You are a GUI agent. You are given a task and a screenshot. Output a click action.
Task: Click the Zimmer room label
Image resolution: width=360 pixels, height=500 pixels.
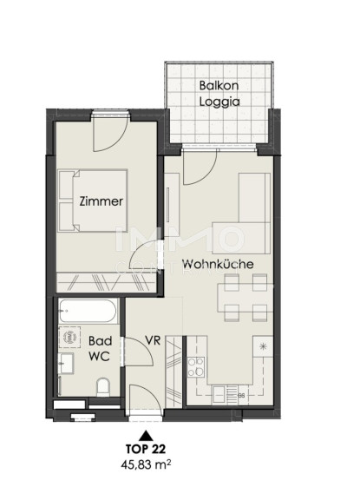[x=101, y=201]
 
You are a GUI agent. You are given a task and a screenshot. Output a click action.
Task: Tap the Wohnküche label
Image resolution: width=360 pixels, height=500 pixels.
[x=218, y=265]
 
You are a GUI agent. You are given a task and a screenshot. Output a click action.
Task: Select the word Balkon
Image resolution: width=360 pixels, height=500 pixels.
[x=219, y=85]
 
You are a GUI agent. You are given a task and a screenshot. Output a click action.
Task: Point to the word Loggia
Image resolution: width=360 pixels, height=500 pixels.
[x=219, y=102]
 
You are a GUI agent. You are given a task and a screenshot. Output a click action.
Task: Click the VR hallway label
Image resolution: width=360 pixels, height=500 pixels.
[x=153, y=340]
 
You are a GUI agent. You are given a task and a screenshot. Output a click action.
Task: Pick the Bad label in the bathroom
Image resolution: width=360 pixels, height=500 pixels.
[x=100, y=341]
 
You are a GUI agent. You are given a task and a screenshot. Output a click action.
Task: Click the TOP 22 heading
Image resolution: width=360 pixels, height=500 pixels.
[x=146, y=449]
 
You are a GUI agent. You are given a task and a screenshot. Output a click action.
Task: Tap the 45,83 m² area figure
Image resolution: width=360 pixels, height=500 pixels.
[x=146, y=464]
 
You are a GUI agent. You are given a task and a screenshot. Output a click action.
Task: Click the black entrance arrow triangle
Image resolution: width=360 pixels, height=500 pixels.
[x=146, y=435]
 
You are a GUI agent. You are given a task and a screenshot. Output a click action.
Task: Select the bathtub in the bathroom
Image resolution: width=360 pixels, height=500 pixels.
[x=88, y=311]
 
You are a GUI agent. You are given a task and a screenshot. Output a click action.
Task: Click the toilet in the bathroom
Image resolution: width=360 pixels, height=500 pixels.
[x=103, y=387]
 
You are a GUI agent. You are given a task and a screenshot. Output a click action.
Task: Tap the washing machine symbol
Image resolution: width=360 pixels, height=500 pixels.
[x=69, y=337]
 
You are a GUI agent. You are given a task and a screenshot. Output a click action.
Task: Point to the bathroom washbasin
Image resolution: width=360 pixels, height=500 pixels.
[x=66, y=363]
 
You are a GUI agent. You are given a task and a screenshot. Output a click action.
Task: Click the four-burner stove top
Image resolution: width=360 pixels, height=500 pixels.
[x=196, y=367]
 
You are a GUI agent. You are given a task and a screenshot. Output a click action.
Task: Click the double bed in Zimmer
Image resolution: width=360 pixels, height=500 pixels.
[x=93, y=201]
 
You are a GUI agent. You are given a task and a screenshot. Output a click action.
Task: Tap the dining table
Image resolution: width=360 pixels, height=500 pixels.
[x=245, y=298]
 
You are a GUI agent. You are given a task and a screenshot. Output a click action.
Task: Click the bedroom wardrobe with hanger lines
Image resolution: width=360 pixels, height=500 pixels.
[x=107, y=282]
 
